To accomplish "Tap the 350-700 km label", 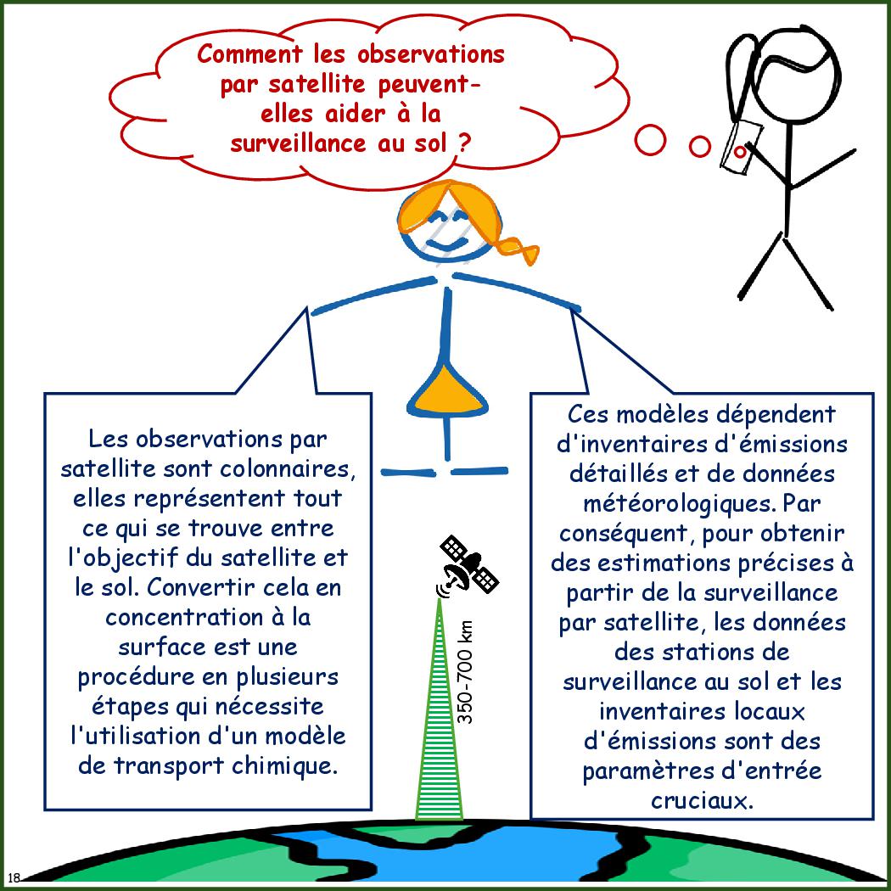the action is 465,672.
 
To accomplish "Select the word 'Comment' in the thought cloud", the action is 249,54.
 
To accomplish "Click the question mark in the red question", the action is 464,143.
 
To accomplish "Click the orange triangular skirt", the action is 447,392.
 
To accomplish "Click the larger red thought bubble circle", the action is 649,140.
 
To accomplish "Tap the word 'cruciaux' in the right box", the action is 703,801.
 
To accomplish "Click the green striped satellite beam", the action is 440,710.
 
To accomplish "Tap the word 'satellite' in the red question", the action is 317,84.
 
